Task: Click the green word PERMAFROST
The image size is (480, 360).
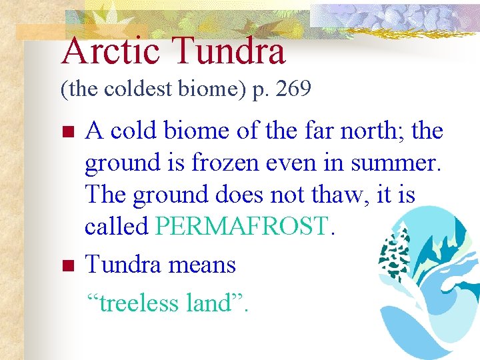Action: coord(241,227)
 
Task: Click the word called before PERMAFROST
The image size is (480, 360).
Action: coord(116,227)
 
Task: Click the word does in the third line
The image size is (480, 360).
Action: coord(249,195)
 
